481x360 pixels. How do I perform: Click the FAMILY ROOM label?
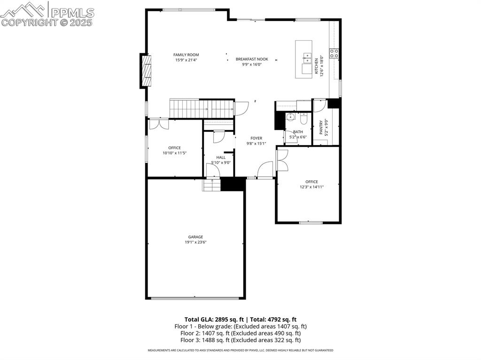[x=186, y=55]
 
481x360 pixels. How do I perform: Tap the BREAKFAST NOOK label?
[x=252, y=59]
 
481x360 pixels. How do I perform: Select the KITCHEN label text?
[x=317, y=66]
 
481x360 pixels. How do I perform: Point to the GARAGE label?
[x=195, y=237]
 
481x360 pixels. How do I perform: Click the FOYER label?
[x=256, y=138]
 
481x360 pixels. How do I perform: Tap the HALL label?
[x=221, y=157]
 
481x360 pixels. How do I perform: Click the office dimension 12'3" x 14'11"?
[x=311, y=187]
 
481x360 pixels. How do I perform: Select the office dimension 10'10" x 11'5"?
[x=174, y=153]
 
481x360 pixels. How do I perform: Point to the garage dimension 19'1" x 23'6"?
[x=195, y=242]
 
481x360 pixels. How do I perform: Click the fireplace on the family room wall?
[x=146, y=71]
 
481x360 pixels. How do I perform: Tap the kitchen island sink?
[x=308, y=58]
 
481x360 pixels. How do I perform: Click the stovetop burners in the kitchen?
[x=334, y=54]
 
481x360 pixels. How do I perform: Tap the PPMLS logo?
[x=47, y=14]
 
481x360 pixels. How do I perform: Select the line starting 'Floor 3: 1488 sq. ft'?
[x=240, y=340]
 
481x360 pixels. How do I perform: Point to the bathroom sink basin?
[x=290, y=117]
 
